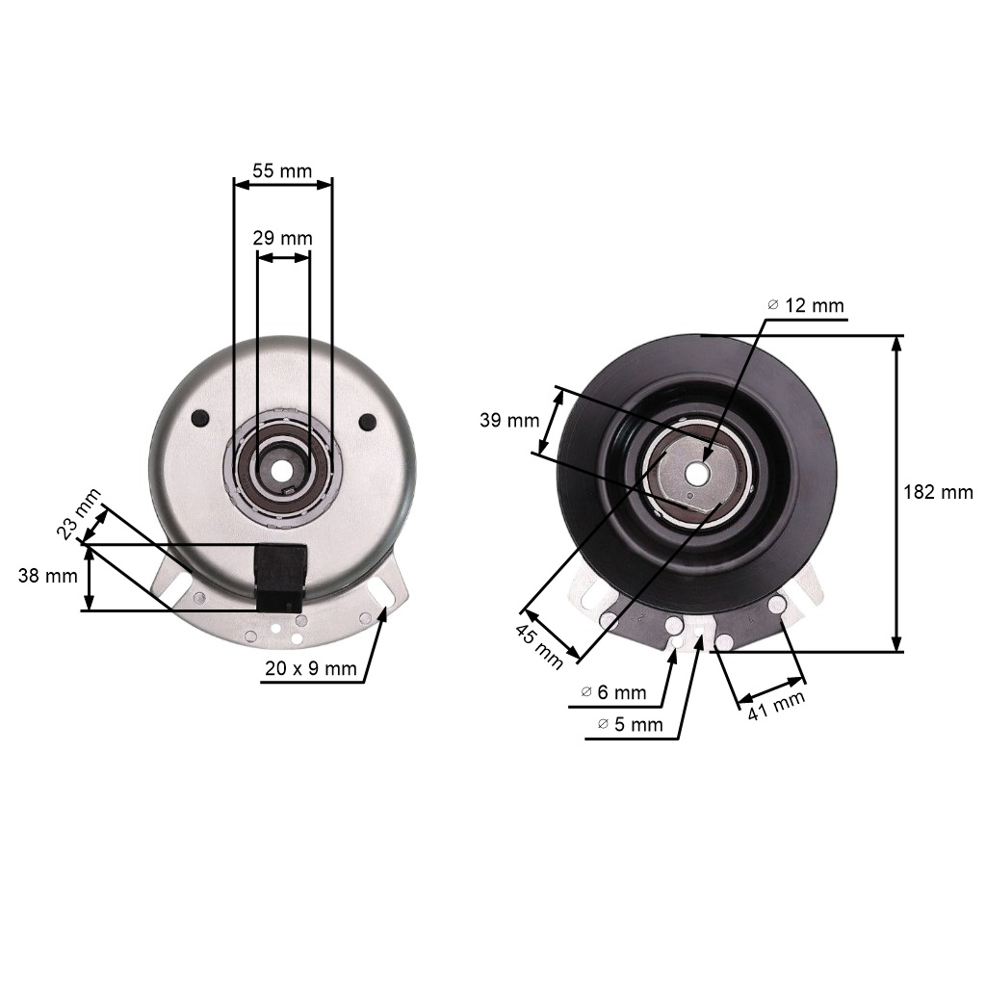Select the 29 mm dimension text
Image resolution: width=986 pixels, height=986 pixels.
[283, 238]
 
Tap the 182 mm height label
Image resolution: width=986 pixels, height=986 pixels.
[938, 492]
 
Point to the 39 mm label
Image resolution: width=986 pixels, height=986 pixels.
[509, 421]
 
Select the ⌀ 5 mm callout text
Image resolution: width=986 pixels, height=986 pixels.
[630, 724]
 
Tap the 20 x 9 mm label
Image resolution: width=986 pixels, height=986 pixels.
[311, 669]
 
